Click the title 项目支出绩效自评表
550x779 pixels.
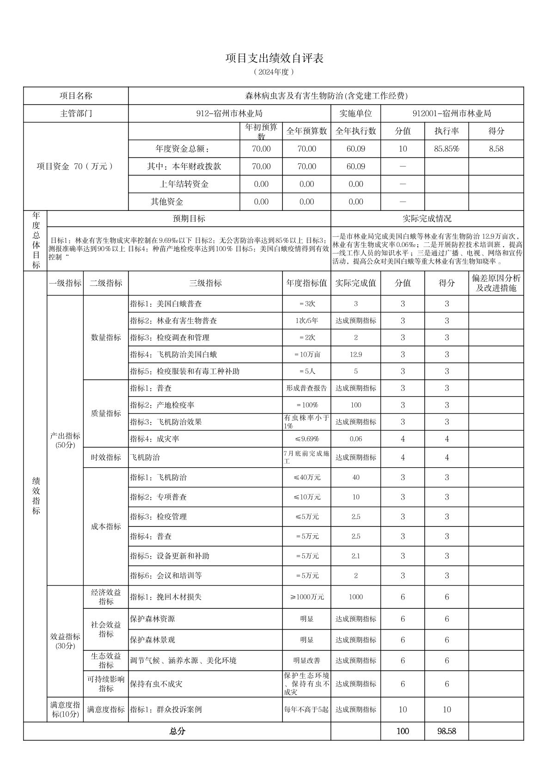click(x=274, y=58)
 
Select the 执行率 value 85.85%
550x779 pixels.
click(x=446, y=149)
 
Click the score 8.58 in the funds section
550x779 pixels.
click(x=496, y=149)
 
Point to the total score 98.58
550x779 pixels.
click(x=446, y=731)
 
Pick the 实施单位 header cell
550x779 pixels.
click(x=355, y=113)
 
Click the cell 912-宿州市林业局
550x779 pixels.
click(x=230, y=113)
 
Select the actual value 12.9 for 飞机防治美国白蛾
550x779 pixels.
click(x=355, y=354)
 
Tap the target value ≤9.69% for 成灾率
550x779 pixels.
click(x=306, y=439)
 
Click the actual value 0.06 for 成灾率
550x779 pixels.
click(x=355, y=439)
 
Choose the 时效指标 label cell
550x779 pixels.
click(x=106, y=457)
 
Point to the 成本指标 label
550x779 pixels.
click(x=106, y=526)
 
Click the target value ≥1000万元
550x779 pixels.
click(x=306, y=597)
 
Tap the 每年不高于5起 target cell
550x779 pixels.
click(x=306, y=709)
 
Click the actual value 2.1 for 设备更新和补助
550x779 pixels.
click(x=355, y=556)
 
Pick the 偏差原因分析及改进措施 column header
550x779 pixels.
click(x=496, y=283)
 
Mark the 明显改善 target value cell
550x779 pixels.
click(x=306, y=661)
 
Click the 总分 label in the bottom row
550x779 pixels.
click(x=177, y=731)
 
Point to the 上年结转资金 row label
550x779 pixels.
click(x=184, y=184)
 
